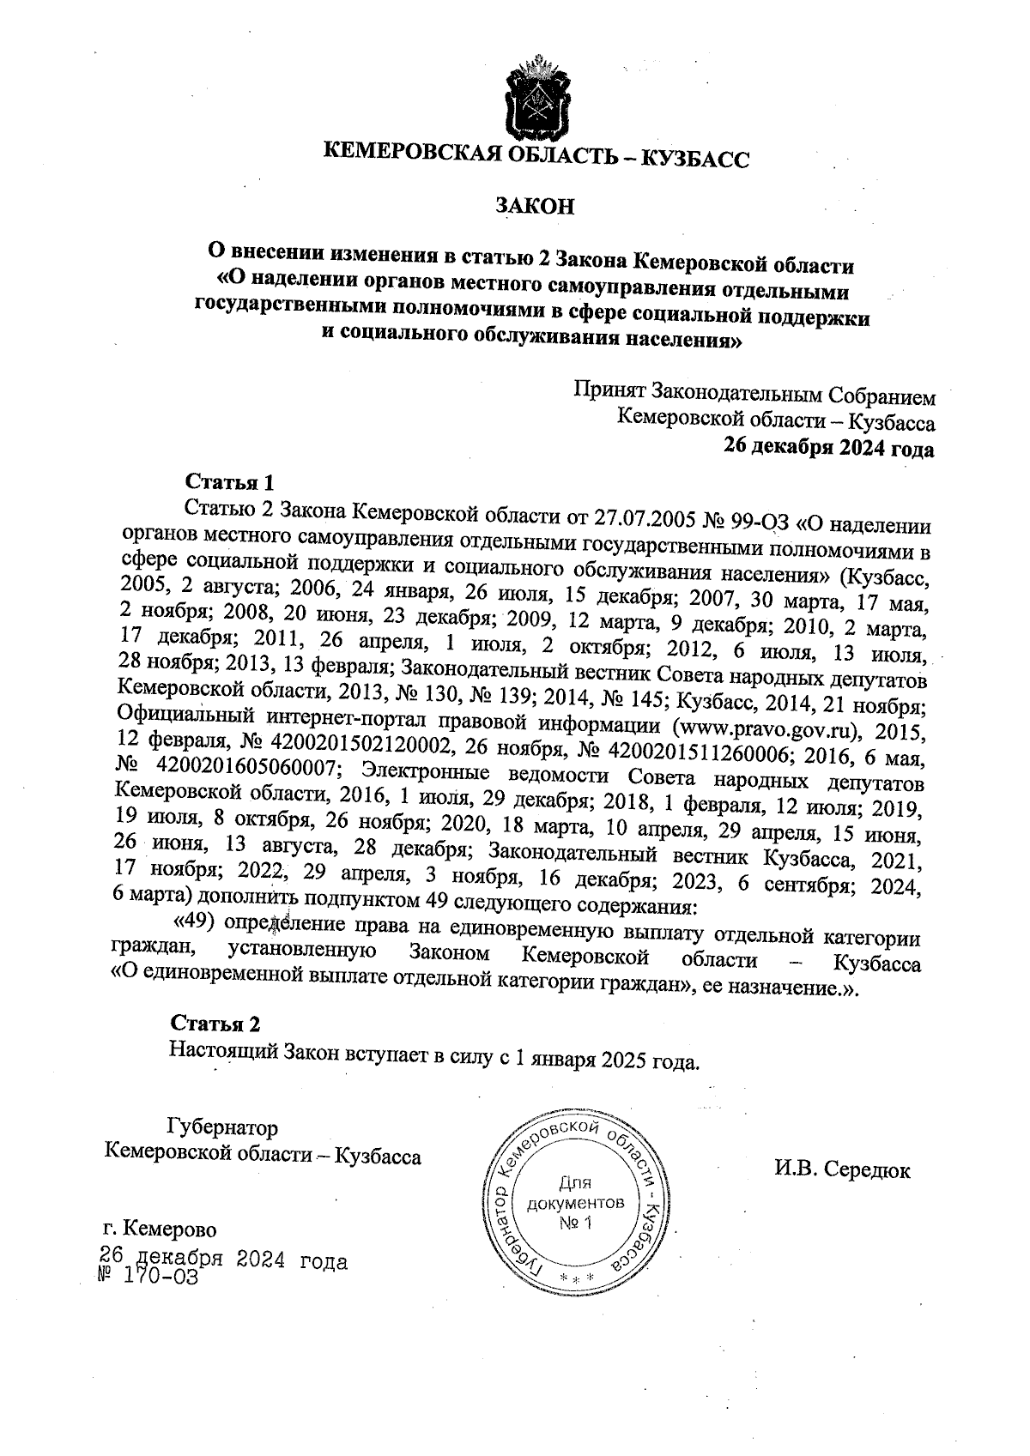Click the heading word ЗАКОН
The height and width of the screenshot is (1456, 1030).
click(533, 206)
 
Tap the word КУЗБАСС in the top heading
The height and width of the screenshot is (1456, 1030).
click(696, 159)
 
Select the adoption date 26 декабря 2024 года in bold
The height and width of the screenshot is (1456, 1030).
click(829, 448)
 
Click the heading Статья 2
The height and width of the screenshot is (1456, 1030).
click(215, 1024)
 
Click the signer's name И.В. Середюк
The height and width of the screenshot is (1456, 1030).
click(842, 1169)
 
